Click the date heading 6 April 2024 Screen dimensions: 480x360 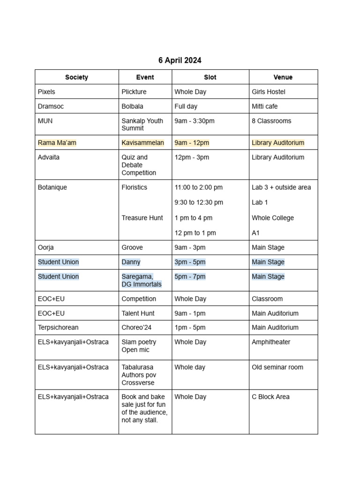point(180,60)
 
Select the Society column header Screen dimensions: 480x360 point(76,77)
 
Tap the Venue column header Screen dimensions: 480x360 point(283,77)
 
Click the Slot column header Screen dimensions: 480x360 point(210,77)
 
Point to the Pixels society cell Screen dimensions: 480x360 point(46,92)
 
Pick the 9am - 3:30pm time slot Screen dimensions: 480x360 point(194,121)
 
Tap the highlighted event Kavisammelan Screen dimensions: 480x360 point(142,142)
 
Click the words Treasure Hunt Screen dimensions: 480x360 point(142,218)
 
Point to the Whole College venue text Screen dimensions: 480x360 point(273,218)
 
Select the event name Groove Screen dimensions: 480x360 point(132,247)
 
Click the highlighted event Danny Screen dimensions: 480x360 point(131,262)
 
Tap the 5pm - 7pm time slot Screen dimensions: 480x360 point(190,277)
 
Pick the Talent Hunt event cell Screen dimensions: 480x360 point(138,313)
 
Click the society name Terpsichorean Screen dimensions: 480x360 point(59,328)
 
